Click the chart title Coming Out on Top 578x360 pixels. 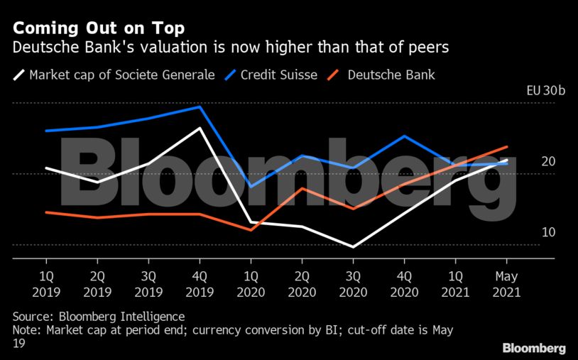click(99, 28)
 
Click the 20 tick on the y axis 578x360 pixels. click(547, 162)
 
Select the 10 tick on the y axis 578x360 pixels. click(547, 233)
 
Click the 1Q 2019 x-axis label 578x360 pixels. click(46, 284)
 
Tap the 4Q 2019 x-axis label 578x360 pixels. click(200, 284)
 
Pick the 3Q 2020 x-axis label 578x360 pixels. click(353, 284)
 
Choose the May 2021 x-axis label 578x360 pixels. click(506, 284)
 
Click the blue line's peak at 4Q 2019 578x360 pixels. click(200, 107)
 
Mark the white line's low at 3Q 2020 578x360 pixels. click(353, 247)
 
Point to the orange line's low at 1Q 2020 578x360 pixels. click(251, 230)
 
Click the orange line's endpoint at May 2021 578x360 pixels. click(506, 147)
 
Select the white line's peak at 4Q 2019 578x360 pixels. click(200, 128)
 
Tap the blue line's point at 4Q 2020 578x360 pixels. click(404, 136)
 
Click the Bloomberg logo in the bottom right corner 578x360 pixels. click(534, 348)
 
